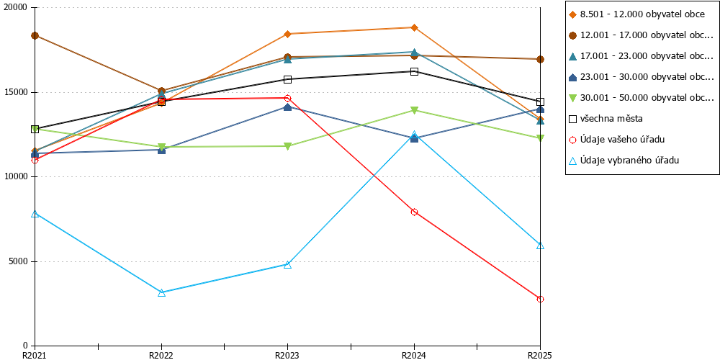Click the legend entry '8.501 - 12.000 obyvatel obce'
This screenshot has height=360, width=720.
click(636, 14)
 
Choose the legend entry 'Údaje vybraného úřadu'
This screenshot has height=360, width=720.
click(624, 161)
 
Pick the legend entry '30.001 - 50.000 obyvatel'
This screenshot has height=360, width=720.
click(640, 98)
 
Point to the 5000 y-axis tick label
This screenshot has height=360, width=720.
click(19, 262)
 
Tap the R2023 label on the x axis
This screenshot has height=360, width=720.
click(287, 355)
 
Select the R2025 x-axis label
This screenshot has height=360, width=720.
click(539, 355)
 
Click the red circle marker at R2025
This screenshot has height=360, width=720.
click(541, 299)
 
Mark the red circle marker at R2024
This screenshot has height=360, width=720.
click(414, 212)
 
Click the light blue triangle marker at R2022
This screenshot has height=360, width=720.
click(161, 292)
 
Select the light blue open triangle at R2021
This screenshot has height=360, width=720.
click(35, 214)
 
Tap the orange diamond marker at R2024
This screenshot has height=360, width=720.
click(414, 27)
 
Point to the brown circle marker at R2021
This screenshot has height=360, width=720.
click(35, 35)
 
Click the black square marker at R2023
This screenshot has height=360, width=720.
click(287, 79)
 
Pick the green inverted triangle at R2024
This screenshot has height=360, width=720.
click(414, 110)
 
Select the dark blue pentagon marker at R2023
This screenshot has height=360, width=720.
click(287, 107)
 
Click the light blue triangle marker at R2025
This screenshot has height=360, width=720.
click(541, 246)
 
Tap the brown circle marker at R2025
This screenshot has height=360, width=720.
click(541, 59)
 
